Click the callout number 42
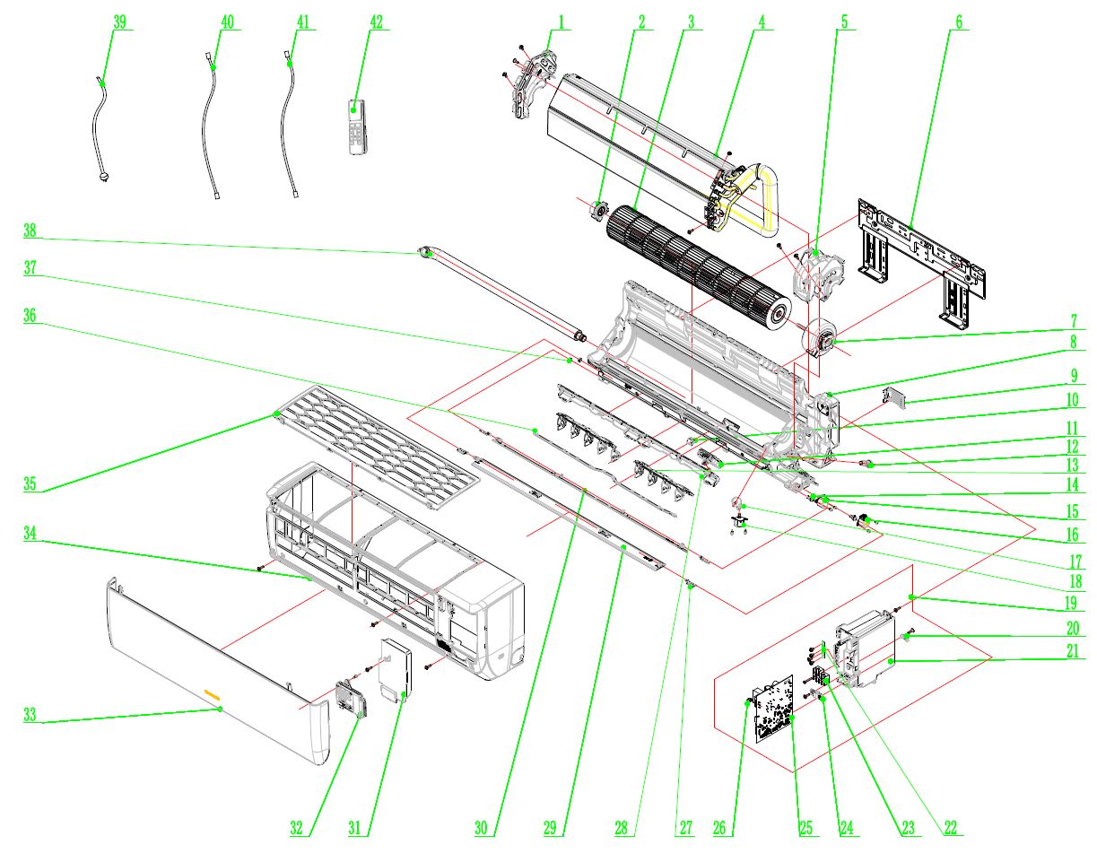[376, 22]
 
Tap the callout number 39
[119, 22]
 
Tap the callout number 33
[30, 715]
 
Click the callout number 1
[561, 22]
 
